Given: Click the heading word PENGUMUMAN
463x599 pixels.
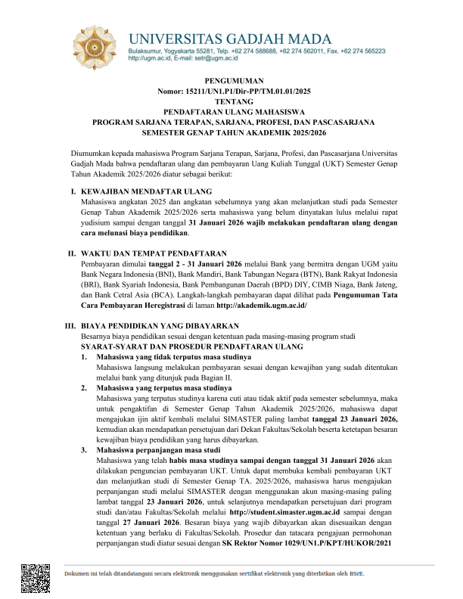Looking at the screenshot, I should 231,80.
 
